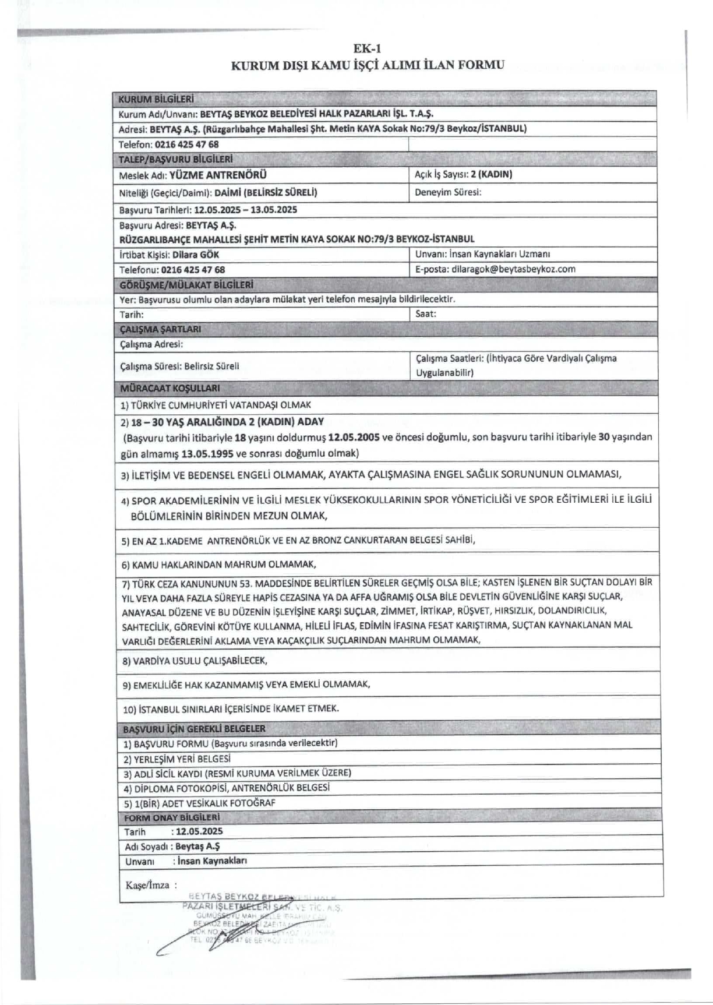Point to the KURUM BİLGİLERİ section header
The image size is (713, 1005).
coord(156,98)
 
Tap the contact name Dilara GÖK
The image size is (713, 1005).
coord(196,255)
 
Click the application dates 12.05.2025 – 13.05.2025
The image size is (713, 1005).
coord(246,210)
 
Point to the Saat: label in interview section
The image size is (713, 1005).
coord(426,314)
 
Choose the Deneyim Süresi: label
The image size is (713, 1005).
coord(448,192)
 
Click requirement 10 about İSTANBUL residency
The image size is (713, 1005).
coord(231,709)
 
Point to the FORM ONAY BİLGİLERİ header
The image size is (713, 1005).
coord(172,817)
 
